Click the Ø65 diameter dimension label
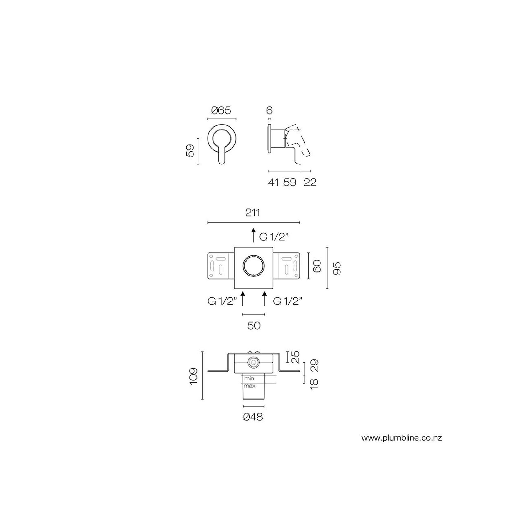click(x=221, y=110)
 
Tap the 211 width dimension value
click(x=252, y=213)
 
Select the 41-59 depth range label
click(x=282, y=182)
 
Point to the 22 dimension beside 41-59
click(x=310, y=182)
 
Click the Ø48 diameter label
click(x=253, y=417)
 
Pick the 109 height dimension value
click(x=194, y=376)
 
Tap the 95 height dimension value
click(x=337, y=268)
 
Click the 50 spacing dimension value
click(x=254, y=325)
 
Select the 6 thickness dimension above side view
click(x=270, y=110)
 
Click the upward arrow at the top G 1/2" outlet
click(x=254, y=235)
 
